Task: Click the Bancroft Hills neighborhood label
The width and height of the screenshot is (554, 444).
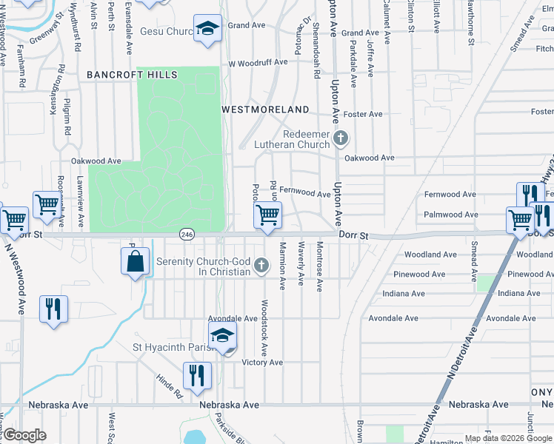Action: tap(132, 75)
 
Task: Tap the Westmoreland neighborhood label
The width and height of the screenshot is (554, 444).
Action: tap(266, 110)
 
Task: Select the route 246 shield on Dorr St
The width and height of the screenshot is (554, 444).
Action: tap(186, 234)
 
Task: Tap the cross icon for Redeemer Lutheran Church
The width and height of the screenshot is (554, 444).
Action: tap(341, 138)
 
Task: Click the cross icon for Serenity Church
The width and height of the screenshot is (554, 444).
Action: tap(261, 265)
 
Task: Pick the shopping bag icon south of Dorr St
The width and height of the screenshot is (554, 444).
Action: tap(136, 261)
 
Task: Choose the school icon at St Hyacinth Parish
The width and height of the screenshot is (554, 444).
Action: tap(222, 335)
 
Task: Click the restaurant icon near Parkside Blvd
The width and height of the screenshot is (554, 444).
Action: tap(197, 374)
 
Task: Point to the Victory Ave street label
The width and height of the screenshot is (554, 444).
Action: tap(263, 363)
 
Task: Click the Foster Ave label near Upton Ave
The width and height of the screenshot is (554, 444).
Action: tap(363, 114)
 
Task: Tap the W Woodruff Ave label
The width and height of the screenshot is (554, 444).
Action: tap(257, 62)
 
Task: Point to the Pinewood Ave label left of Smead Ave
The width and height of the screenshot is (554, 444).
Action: tap(420, 275)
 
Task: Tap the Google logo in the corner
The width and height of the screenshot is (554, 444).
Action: tap(24, 435)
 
